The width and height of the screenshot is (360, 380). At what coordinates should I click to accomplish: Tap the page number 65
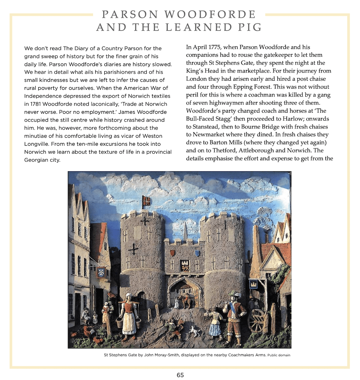coord(180,375)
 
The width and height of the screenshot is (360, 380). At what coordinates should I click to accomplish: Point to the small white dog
coord(193,331)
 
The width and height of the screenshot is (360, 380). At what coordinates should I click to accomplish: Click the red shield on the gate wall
coord(172,253)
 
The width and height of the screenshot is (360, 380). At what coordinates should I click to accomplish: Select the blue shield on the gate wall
coord(197,253)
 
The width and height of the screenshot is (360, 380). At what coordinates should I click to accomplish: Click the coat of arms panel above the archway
coord(185,265)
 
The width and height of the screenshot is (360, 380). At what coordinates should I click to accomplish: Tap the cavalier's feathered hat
coord(235,295)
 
